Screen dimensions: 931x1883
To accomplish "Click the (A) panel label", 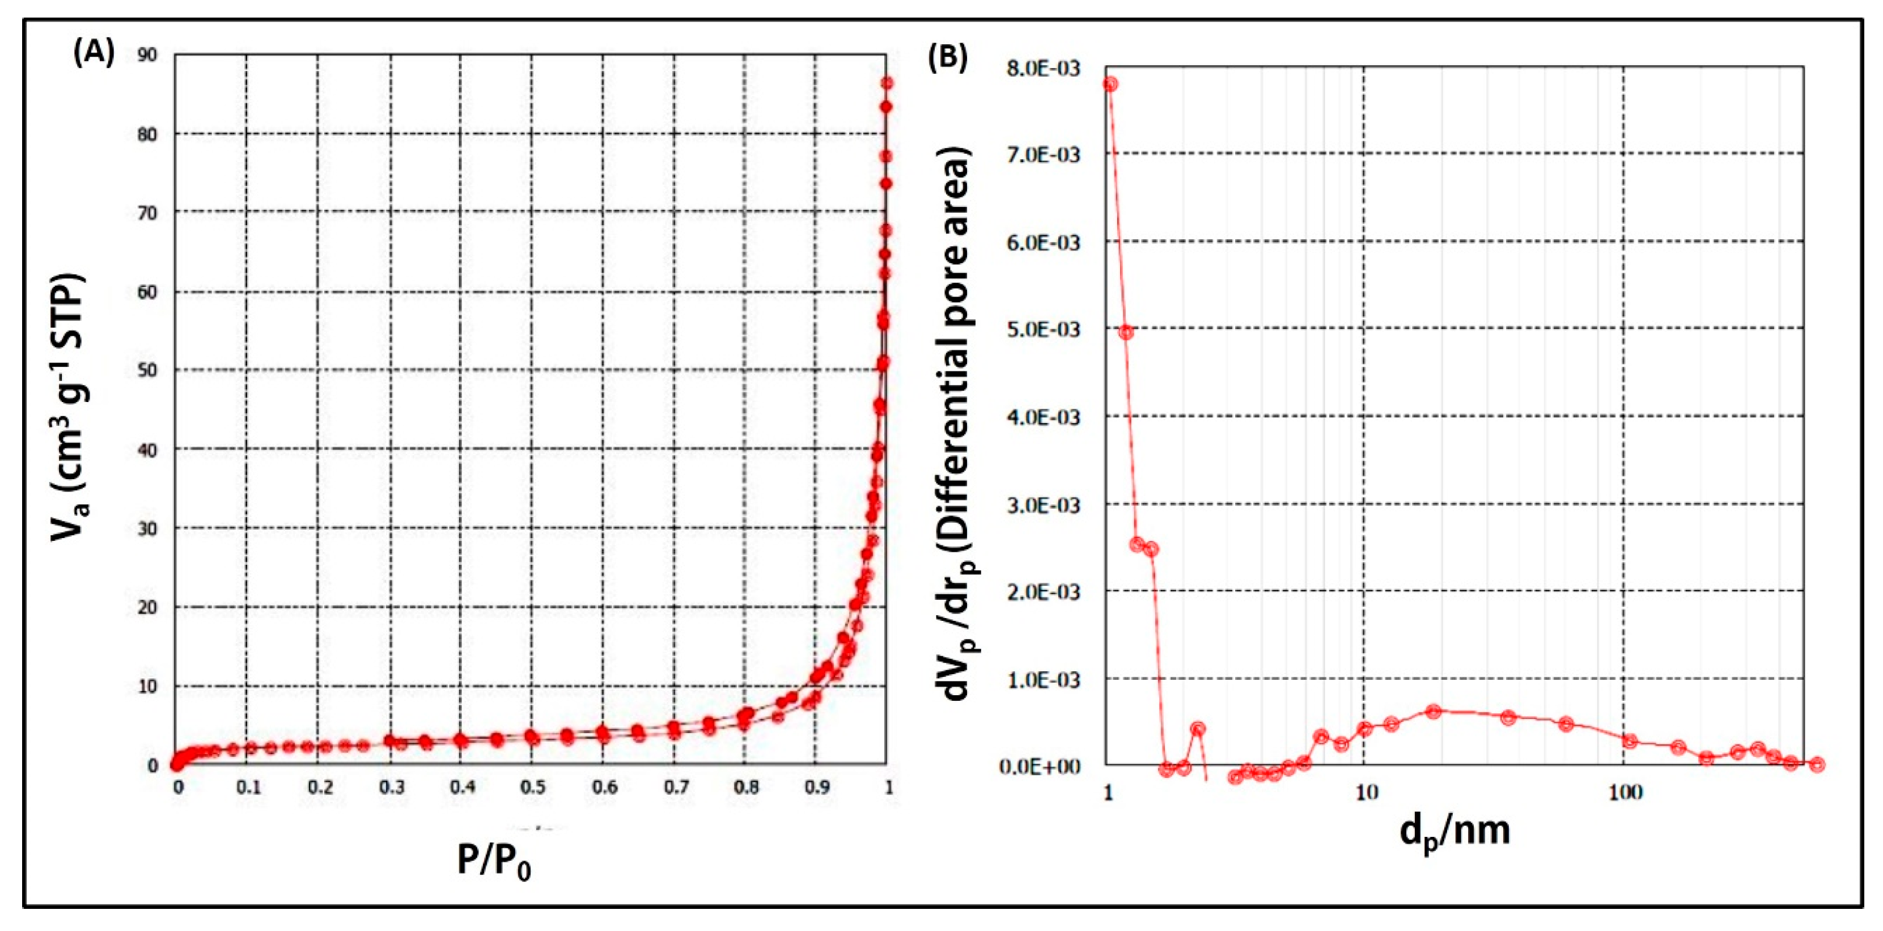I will [x=94, y=54].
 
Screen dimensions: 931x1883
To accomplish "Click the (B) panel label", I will [x=947, y=57].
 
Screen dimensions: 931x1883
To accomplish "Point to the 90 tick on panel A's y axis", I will [x=147, y=55].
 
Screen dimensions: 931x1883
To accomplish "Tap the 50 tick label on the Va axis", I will [x=147, y=370].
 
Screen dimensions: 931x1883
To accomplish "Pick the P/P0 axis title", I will [x=494, y=861].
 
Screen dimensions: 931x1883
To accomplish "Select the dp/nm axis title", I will [x=1454, y=832].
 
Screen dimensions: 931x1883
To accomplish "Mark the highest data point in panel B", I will [x=1110, y=84].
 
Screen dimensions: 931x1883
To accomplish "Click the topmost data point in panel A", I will [x=887, y=83].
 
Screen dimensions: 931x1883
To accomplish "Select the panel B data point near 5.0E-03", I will [x=1126, y=333].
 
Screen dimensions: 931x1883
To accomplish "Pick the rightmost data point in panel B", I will [x=1818, y=764].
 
